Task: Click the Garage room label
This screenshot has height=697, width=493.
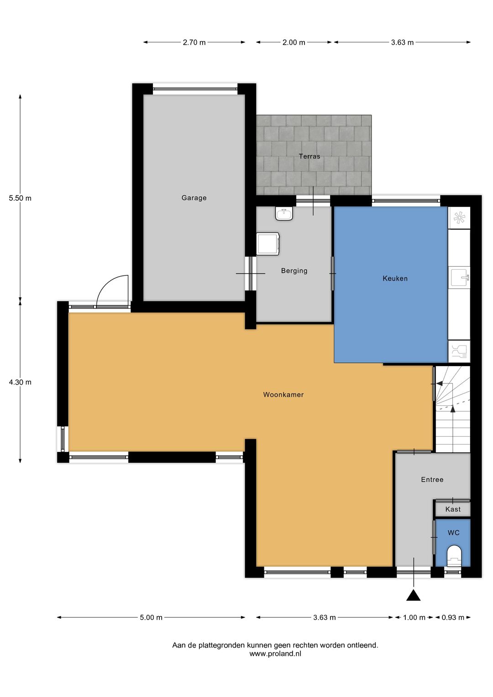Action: coord(194,198)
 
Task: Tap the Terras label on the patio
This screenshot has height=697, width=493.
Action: coord(309,156)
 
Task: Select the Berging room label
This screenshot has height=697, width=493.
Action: coord(294,271)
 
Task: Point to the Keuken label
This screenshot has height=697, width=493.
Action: coord(395,278)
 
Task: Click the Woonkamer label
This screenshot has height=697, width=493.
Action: coord(283,395)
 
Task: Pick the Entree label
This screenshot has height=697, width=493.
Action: coord(432,480)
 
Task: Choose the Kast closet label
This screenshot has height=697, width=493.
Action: coord(453,509)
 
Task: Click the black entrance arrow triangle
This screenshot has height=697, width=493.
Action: coord(414,595)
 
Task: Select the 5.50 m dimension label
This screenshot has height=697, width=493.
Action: coord(20,198)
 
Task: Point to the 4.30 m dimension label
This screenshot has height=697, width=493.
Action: coord(20,383)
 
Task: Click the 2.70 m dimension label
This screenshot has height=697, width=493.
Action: coord(194,42)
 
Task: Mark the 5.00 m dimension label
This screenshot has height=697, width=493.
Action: coord(151,618)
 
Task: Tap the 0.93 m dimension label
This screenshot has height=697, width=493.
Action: coord(453,618)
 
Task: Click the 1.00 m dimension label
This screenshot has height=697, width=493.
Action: coord(414,618)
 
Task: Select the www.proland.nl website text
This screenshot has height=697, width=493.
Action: coord(275,654)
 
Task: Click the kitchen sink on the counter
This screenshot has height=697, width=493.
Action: coord(459,277)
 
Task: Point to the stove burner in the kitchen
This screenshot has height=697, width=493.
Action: coord(459,218)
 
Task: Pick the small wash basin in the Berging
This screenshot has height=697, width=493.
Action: coord(284,213)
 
